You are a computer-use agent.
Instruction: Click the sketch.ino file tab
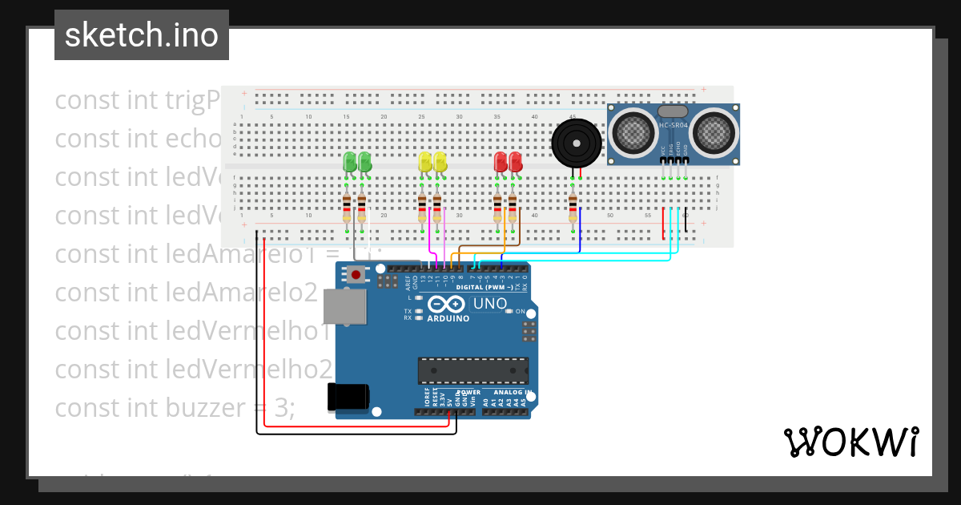pyautogui.click(x=142, y=35)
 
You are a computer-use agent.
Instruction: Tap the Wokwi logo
pyautogui.click(x=850, y=442)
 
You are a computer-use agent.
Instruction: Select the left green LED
pyautogui.click(x=349, y=162)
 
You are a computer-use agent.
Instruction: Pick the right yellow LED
pyautogui.click(x=440, y=162)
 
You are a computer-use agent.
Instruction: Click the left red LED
pyautogui.click(x=501, y=162)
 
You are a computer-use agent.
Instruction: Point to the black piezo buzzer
pyautogui.click(x=577, y=143)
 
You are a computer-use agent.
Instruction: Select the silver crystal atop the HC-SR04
pyautogui.click(x=673, y=111)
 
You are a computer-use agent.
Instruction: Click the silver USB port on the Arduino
pyautogui.click(x=344, y=307)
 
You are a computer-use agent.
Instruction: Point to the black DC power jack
pyautogui.click(x=348, y=397)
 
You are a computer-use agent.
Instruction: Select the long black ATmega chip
pyautogui.click(x=473, y=371)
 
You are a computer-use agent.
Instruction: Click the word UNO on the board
pyautogui.click(x=490, y=304)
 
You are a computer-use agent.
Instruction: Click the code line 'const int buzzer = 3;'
pyautogui.click(x=175, y=408)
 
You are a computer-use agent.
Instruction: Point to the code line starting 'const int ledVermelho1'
pyautogui.click(x=192, y=331)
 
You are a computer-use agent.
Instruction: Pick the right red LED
pyautogui.click(x=515, y=162)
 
